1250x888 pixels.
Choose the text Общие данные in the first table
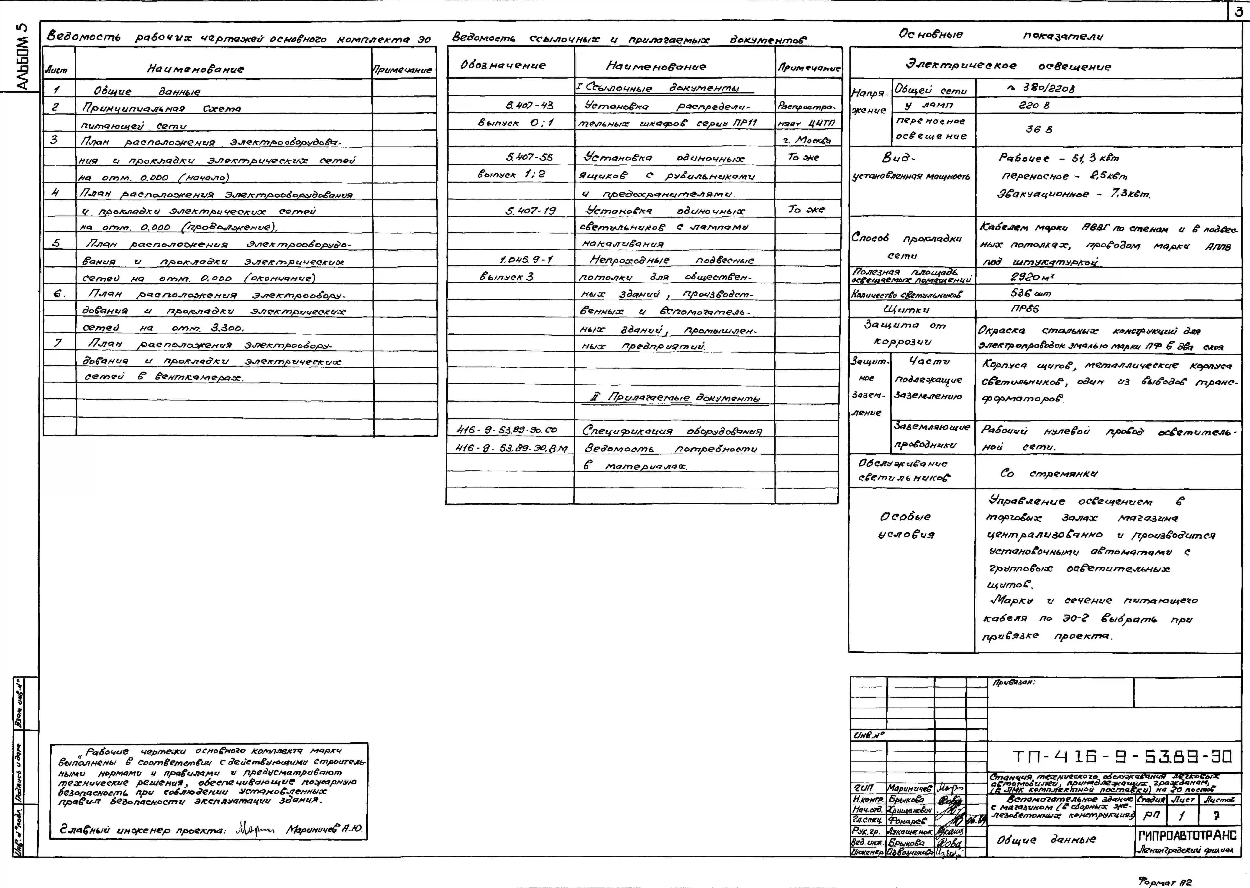(x=147, y=91)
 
